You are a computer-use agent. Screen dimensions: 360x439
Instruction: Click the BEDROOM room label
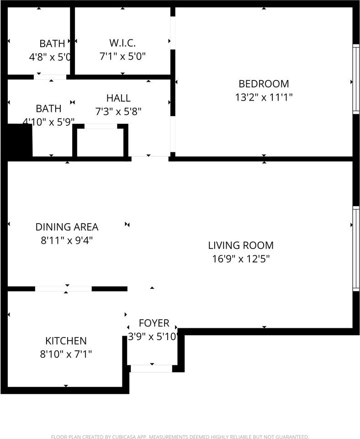pos(264,84)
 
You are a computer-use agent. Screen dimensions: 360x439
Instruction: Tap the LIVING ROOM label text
pos(241,245)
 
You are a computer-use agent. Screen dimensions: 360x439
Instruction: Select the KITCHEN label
pos(66,341)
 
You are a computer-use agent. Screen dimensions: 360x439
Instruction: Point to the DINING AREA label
pos(67,227)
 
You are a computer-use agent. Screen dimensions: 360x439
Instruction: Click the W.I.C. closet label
pos(122,43)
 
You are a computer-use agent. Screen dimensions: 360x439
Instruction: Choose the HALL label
pos(118,98)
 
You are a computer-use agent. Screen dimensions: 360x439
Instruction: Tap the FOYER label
pos(154,323)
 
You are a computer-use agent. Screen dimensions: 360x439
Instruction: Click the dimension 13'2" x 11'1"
pos(264,97)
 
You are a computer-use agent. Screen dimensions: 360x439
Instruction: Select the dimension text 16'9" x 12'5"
pos(241,259)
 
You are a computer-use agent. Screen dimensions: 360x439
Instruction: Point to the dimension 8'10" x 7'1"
pos(66,354)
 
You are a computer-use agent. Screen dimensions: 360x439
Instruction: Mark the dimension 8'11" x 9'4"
pos(67,240)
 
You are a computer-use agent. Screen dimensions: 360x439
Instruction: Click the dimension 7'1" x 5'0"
pos(122,57)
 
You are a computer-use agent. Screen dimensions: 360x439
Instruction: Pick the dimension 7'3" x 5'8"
pos(118,112)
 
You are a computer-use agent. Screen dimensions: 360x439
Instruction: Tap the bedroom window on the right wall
pos(356,79)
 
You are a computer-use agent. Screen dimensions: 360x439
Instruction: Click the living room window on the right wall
pos(356,249)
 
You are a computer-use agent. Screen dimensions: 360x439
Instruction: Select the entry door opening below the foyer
pos(151,369)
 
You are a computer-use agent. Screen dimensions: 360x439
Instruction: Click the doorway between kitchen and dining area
pos(64,289)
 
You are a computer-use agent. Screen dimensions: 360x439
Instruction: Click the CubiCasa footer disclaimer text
pos(180,436)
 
